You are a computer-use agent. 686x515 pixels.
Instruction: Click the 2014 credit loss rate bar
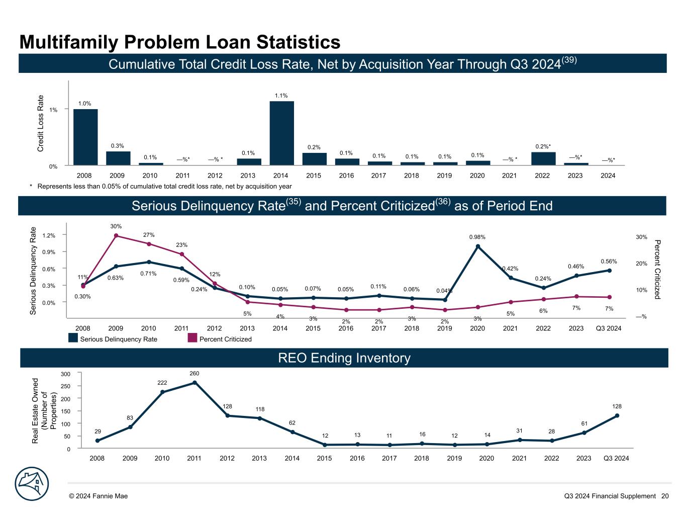(281, 133)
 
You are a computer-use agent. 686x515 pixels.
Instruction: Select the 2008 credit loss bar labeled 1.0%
(85, 137)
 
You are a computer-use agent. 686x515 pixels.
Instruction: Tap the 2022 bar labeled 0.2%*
(543, 158)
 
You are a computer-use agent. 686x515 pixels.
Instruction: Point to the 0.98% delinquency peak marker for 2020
(477, 246)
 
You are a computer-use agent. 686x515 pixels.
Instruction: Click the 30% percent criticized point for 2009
(116, 235)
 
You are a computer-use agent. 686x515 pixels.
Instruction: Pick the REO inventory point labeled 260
(194, 383)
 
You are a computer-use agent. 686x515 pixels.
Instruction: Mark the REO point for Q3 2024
(617, 415)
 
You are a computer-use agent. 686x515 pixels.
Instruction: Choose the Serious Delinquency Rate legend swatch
(73, 338)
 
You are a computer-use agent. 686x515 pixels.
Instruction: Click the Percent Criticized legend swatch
(192, 338)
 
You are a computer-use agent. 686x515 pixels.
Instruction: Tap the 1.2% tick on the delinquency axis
(49, 235)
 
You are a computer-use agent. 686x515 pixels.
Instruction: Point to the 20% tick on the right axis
(641, 264)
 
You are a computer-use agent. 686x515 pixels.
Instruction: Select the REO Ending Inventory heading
(344, 358)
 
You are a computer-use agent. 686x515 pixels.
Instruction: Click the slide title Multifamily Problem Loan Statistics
(179, 42)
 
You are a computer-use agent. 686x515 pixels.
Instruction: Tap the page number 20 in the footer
(665, 496)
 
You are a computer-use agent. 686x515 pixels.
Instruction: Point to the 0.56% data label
(609, 262)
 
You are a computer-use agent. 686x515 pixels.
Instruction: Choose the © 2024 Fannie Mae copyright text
(99, 496)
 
